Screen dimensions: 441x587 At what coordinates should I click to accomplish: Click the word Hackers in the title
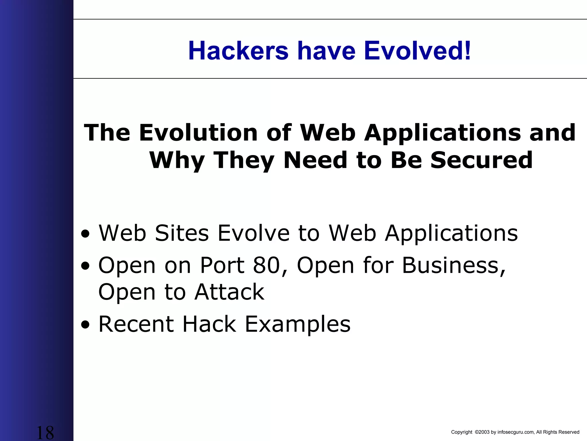238,51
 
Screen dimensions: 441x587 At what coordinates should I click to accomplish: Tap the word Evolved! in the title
417,51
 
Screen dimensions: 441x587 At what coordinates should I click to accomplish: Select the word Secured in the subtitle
481,160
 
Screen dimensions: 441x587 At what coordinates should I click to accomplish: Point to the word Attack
230,292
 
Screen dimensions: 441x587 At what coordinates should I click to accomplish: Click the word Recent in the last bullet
136,324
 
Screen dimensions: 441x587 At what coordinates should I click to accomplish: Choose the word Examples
298,324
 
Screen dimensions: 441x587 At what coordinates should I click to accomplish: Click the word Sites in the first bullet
182,233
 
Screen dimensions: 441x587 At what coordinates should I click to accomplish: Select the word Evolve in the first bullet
253,233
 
